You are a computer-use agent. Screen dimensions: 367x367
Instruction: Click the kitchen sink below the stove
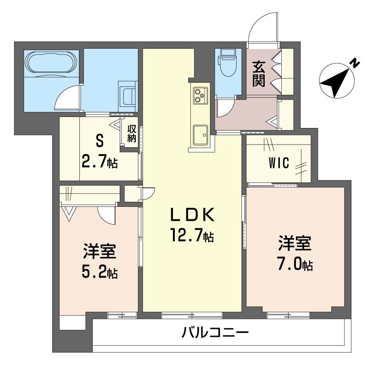pos(200,134)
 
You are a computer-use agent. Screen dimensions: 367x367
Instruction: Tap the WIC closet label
pos(279,163)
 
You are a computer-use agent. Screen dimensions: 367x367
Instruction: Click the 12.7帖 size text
pos(192,236)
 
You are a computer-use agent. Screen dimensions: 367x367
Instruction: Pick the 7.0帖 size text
pos(295,265)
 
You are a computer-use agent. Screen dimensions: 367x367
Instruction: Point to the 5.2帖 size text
pos(99,272)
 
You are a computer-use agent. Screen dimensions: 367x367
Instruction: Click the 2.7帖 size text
pos(99,161)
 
